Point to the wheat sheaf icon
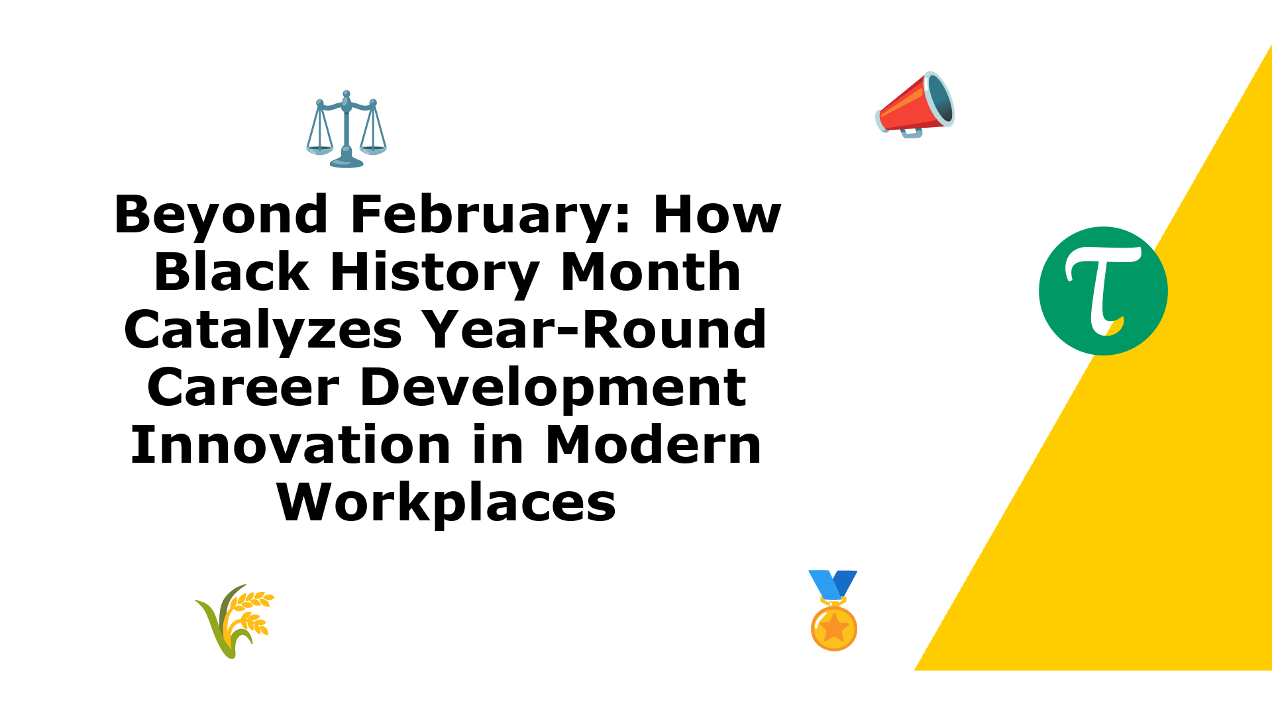(235, 621)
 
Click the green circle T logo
(1103, 291)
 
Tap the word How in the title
(717, 215)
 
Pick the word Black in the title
(231, 271)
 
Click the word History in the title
(434, 273)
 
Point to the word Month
(651, 271)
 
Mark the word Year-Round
(595, 329)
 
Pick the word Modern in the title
(653, 445)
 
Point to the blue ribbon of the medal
(833, 585)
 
